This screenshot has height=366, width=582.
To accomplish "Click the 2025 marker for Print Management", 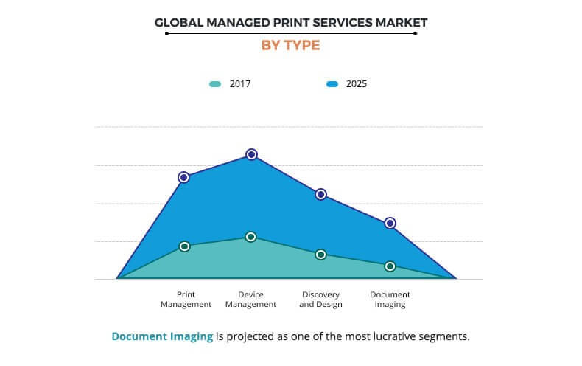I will pos(183,177).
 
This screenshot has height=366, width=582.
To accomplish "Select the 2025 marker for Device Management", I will pos(251,154).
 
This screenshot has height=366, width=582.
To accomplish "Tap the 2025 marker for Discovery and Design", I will pos(320,194).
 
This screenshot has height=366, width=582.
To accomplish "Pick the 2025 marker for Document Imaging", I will pos(390,223).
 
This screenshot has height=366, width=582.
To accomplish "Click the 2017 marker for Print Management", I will pos(184,246).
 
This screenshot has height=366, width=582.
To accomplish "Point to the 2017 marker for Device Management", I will pos(251,237).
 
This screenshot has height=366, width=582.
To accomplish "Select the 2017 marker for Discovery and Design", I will pos(320,255).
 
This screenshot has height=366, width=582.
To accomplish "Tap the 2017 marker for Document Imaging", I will pos(390,266).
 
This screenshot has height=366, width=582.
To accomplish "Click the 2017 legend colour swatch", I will pos(214,84).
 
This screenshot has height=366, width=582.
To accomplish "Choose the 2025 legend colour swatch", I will pos(332,84).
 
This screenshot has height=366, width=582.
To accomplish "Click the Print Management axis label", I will pos(186,299).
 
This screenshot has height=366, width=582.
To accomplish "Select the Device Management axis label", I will pos(250,299).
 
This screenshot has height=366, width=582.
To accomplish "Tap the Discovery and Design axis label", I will pos(320,299).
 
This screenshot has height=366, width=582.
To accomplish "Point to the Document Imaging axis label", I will pos(390,299).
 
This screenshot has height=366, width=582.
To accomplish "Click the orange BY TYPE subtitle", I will pos(290,46).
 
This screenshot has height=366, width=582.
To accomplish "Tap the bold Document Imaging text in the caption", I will pos(162,336).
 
